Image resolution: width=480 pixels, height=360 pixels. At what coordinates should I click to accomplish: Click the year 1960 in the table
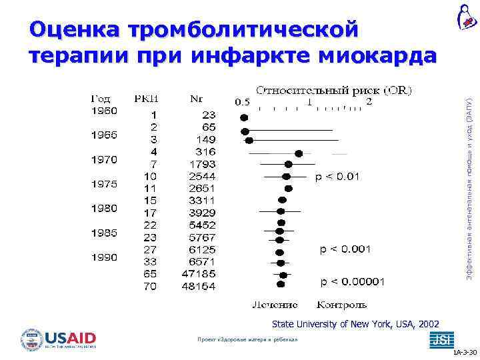point(104,111)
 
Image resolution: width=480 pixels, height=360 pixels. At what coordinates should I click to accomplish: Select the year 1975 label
point(104,183)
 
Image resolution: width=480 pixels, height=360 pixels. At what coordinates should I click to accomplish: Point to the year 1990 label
point(104,257)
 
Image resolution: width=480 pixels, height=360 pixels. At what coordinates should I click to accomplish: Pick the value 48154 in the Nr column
point(199,286)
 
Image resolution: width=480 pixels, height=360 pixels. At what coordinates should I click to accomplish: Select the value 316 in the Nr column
point(205,151)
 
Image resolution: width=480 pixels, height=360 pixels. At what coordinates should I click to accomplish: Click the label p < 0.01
point(337,177)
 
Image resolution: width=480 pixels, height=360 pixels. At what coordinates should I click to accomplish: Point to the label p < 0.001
point(346,249)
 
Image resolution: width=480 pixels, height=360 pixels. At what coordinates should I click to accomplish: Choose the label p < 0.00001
point(353,282)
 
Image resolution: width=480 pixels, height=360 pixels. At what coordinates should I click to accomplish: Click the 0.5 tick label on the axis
point(242,103)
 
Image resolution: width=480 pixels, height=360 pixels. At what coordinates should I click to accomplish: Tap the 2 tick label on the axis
point(369,102)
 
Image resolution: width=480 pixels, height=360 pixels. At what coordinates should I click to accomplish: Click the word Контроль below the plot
point(341,305)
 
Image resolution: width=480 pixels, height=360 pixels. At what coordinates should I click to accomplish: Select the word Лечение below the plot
point(275,305)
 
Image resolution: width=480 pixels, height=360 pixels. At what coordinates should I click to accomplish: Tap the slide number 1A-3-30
point(465,352)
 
